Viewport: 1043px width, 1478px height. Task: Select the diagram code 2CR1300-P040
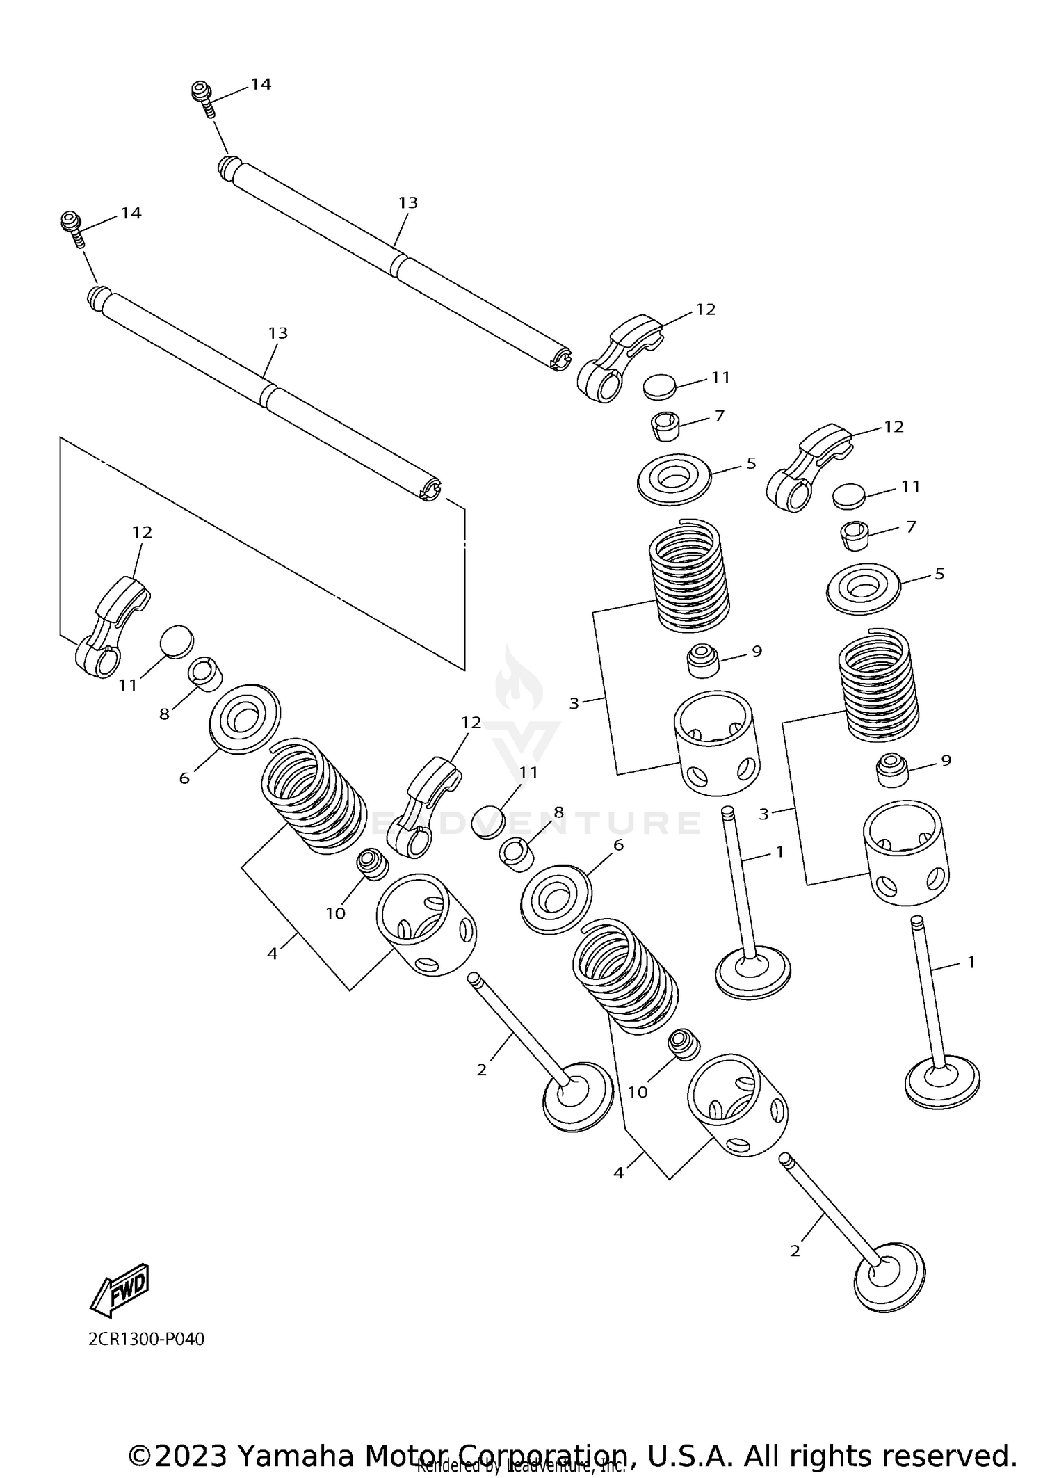(x=147, y=1339)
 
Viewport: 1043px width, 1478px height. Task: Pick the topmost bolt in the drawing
(x=202, y=93)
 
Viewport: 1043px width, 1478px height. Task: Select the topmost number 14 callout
(x=261, y=84)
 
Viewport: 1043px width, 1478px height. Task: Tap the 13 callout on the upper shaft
(x=408, y=202)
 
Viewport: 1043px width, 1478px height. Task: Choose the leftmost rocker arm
(x=110, y=626)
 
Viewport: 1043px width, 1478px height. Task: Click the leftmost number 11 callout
(x=127, y=685)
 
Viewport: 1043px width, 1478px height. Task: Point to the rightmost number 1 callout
(x=971, y=963)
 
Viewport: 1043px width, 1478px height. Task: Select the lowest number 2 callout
(x=795, y=1251)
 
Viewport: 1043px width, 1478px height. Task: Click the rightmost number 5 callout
(x=939, y=574)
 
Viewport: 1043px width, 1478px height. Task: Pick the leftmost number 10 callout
(x=335, y=913)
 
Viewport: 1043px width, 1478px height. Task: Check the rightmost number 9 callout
(x=946, y=760)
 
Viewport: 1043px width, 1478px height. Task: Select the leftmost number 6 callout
(x=184, y=778)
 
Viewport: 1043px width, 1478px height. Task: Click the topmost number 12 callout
(x=705, y=310)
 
